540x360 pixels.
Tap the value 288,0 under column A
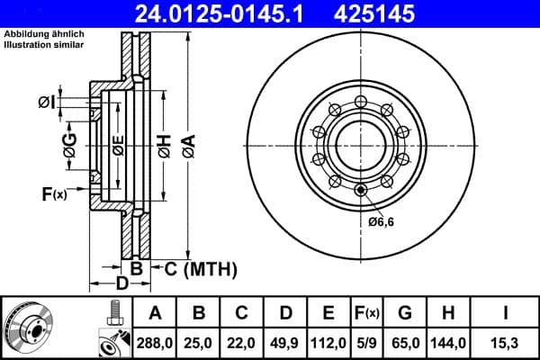154,341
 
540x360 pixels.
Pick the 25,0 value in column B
198,341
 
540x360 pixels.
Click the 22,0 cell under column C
241,341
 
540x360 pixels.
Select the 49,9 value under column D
284,341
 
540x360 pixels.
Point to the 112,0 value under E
328,341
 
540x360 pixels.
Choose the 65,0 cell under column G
407,341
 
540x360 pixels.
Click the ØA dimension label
188,143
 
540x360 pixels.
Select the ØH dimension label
164,143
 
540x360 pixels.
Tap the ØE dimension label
118,144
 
